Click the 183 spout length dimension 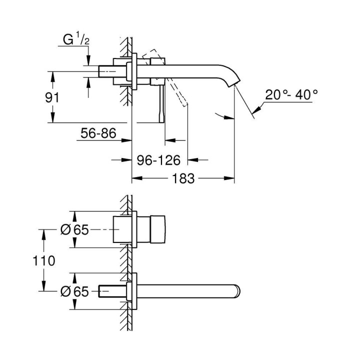[x=183, y=178]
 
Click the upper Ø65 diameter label [x=74, y=229]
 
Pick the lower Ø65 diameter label [x=74, y=291]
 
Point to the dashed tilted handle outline [x=177, y=92]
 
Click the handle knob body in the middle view [x=152, y=229]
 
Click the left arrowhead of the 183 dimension [x=135, y=178]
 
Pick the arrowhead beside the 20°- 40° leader [x=257, y=107]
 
